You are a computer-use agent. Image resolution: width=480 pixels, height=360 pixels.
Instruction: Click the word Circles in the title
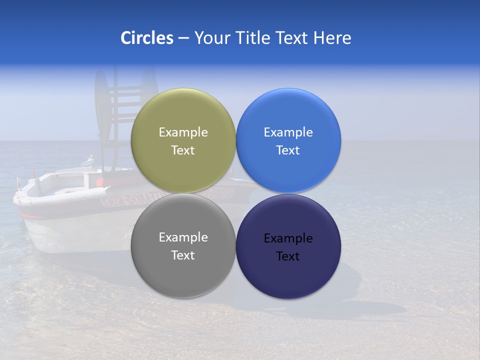coord(147,38)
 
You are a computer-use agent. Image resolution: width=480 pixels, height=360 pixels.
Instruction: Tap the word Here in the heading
coord(332,38)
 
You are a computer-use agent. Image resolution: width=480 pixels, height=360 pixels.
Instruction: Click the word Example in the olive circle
coord(183,132)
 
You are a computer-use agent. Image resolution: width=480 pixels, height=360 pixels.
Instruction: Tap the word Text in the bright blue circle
coord(288,150)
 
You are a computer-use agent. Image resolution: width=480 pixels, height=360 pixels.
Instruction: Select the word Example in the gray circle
coord(183,237)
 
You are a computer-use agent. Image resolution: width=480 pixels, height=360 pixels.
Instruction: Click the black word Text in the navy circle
coord(288,256)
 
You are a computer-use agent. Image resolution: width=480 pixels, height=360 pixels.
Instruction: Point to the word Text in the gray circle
coord(183,255)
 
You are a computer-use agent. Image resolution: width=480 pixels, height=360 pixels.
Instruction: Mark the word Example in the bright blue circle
coord(288,132)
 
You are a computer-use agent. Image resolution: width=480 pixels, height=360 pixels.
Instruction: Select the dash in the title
coord(183,38)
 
